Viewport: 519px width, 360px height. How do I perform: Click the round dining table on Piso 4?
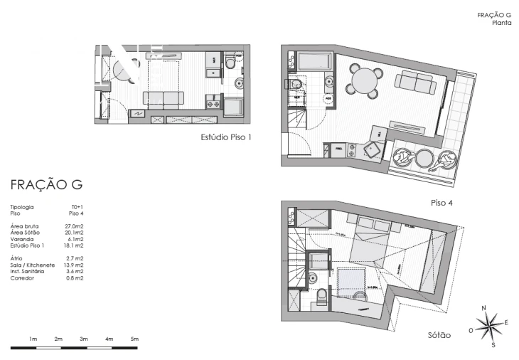point(363,80)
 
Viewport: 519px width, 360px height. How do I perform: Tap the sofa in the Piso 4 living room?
point(416,85)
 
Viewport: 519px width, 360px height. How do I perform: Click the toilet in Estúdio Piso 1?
point(229,65)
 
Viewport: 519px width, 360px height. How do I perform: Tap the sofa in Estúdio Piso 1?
point(163,100)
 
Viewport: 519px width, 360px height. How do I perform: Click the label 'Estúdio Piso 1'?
point(227,137)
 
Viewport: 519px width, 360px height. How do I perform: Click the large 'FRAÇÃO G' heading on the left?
point(46,185)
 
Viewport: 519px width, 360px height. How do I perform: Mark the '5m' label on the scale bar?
point(134,339)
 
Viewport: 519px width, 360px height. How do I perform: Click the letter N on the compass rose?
point(484,308)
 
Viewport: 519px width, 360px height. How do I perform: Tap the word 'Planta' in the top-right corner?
point(502,22)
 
